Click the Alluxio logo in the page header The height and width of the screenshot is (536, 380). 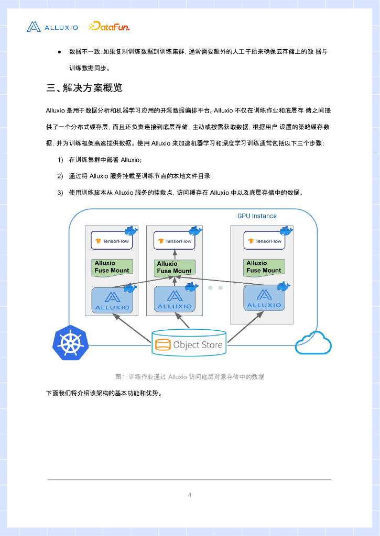pyautogui.click(x=52, y=27)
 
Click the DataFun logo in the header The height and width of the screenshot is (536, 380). pyautogui.click(x=109, y=26)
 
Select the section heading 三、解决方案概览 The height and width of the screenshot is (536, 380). pyautogui.click(x=84, y=88)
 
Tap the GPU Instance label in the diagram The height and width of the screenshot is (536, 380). pyautogui.click(x=257, y=216)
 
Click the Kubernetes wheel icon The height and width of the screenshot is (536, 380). pyautogui.click(x=70, y=343)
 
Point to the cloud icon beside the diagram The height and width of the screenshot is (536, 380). pyautogui.click(x=313, y=343)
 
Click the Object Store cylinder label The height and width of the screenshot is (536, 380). pyautogui.click(x=190, y=345)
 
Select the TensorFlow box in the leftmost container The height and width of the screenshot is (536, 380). pyautogui.click(x=112, y=241)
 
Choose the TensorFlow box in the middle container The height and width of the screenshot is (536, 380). pyautogui.click(x=175, y=241)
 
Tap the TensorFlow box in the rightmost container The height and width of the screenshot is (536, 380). pyautogui.click(x=264, y=241)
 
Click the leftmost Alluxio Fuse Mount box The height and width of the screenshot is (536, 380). pyautogui.click(x=112, y=267)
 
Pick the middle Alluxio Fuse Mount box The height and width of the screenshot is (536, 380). pyautogui.click(x=175, y=267)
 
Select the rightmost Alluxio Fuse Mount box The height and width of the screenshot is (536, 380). pyautogui.click(x=264, y=267)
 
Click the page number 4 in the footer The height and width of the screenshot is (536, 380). pyautogui.click(x=190, y=495)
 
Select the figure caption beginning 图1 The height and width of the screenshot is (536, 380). pyautogui.click(x=190, y=376)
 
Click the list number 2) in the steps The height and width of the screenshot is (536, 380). pyautogui.click(x=60, y=176)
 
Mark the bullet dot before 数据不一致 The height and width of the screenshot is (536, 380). pyautogui.click(x=60, y=52)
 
